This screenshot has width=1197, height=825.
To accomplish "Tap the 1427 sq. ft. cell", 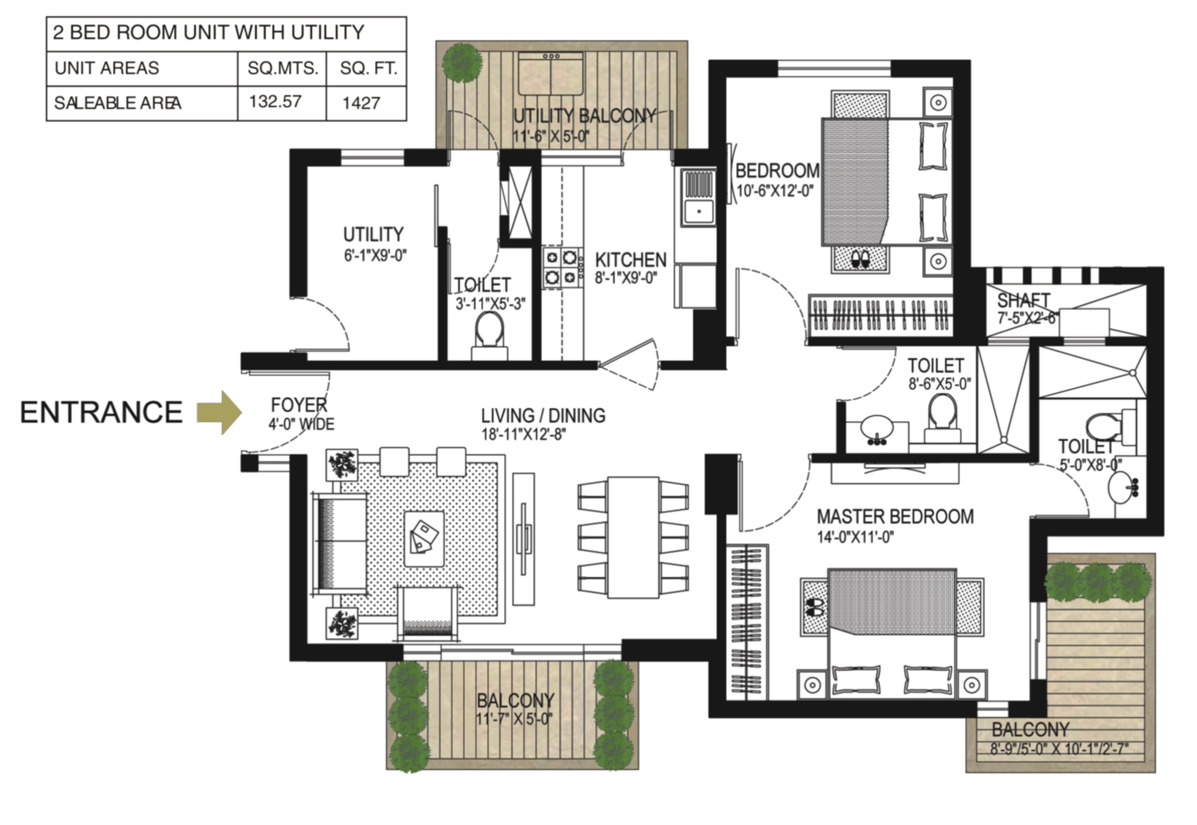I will click(362, 103).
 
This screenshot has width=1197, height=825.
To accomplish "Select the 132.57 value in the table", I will click(275, 101).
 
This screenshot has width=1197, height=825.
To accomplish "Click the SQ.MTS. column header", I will click(282, 68).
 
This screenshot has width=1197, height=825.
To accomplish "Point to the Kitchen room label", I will click(630, 260).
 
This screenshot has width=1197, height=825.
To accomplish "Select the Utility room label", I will click(373, 234).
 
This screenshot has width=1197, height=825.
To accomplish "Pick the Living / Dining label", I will click(543, 416).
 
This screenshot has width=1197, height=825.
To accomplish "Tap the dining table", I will click(633, 537).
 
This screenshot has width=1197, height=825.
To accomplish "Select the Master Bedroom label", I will click(895, 517).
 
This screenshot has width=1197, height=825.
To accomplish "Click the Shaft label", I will click(1023, 300).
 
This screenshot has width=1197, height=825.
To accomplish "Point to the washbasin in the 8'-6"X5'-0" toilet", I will click(876, 429).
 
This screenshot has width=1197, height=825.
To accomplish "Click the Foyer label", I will click(299, 405).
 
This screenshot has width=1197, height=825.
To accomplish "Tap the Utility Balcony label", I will click(584, 116).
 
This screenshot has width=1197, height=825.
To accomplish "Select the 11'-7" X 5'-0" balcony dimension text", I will click(514, 718).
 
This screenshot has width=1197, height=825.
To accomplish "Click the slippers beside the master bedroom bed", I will click(814, 606).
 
